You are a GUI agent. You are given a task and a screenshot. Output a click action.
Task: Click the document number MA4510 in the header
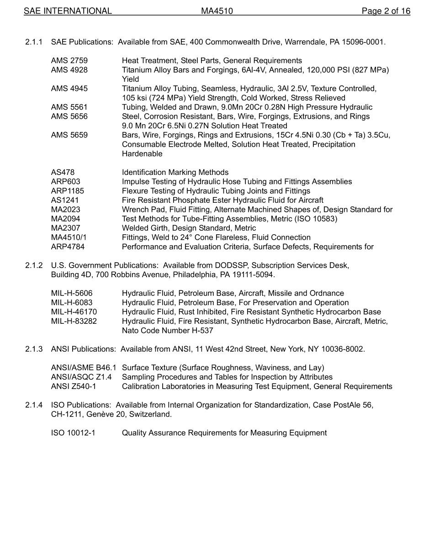[217, 11]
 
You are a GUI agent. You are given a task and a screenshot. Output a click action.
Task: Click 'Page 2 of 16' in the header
[386, 11]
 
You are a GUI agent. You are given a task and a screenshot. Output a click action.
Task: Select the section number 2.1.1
[34, 42]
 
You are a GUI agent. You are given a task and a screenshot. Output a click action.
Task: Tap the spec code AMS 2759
[69, 61]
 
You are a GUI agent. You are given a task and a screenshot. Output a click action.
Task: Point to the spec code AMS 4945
[69, 89]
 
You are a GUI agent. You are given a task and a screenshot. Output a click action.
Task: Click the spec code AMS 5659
[69, 135]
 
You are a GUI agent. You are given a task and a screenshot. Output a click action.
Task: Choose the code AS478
[63, 173]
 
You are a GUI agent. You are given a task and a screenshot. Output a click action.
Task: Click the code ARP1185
[68, 191]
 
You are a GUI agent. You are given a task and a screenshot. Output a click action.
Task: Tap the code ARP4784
[68, 247]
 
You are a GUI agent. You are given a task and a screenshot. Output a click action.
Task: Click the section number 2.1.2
[34, 265]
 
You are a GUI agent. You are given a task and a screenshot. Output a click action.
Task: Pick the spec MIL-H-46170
[74, 312]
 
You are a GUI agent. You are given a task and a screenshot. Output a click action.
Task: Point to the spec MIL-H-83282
[74, 321]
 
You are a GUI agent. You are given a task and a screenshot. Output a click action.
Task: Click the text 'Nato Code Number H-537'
[167, 331]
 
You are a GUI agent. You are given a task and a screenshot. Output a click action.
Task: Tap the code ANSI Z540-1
[74, 387]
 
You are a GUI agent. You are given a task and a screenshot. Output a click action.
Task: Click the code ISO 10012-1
[73, 433]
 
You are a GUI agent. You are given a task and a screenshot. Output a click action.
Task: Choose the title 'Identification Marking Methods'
[175, 173]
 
